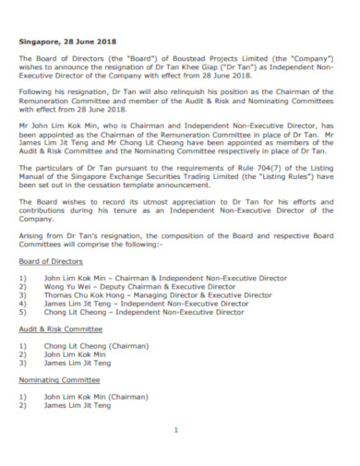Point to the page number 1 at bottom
pyautogui.click(x=175, y=431)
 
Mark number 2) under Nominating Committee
pyautogui.click(x=23, y=430)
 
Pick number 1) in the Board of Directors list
pyautogui.click(x=23, y=303)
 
